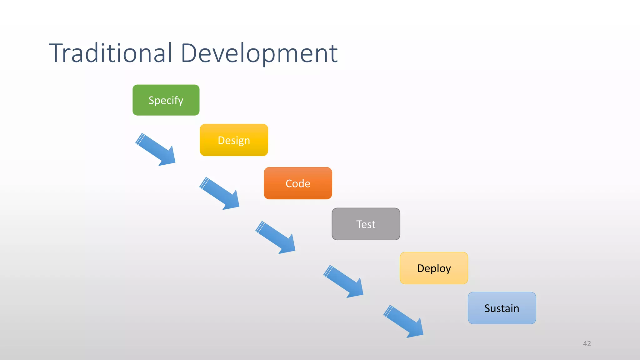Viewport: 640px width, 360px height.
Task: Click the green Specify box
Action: click(166, 100)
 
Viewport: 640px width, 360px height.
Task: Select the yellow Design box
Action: click(234, 140)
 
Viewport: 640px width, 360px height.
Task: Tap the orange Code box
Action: click(298, 183)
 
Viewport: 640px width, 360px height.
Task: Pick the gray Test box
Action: click(366, 224)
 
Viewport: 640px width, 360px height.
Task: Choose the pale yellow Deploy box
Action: click(434, 268)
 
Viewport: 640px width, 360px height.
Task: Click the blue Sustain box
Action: click(502, 308)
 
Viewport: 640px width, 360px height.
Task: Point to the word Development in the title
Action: click(259, 53)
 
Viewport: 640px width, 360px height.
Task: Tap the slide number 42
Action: click(587, 343)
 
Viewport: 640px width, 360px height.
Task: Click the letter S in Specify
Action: click(152, 100)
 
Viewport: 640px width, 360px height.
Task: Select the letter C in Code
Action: click(289, 183)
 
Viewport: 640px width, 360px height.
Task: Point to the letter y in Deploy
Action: click(448, 269)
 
